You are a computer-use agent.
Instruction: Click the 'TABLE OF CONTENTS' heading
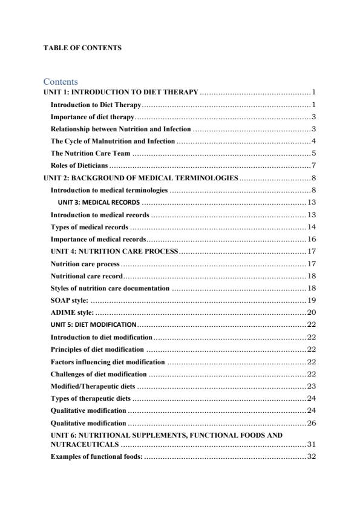point(82,48)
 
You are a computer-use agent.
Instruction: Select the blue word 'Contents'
point(61,82)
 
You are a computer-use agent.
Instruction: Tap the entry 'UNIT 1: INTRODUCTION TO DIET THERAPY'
point(121,92)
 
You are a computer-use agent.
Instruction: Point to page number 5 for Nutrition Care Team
point(314,153)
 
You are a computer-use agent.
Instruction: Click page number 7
point(314,165)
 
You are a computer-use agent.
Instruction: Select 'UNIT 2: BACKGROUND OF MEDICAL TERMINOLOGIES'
point(141,178)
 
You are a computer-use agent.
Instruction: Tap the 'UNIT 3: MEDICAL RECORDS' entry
point(99,202)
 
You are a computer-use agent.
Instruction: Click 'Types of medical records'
point(89,227)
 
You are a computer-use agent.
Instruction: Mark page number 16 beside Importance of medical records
point(312,239)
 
